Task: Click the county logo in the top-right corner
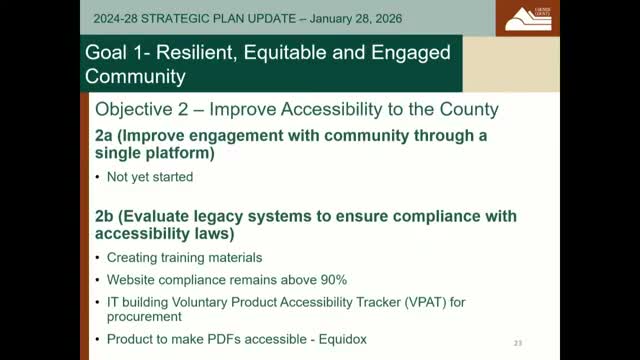(525, 18)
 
